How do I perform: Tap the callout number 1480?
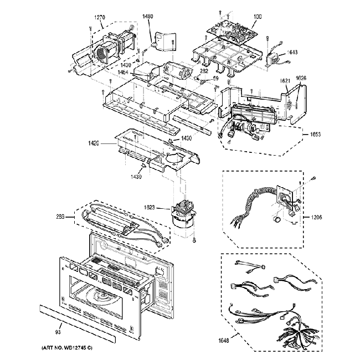[147, 17]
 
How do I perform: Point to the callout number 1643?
[292, 53]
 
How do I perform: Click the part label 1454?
[124, 72]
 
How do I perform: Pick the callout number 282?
[204, 71]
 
